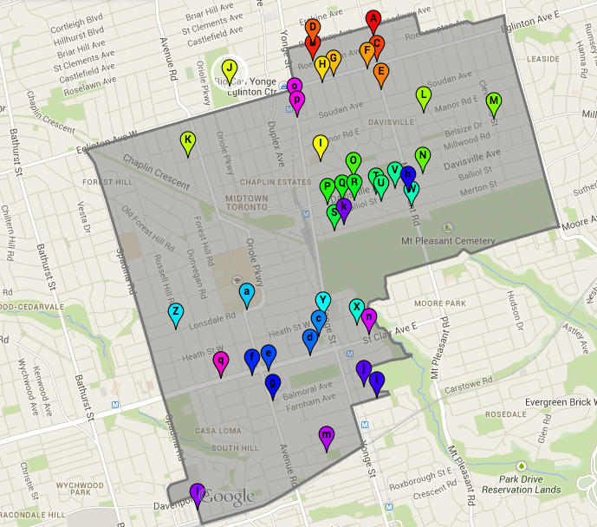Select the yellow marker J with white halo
pos(230,68)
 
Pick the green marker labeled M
pos(494,101)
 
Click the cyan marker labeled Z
pos(175,312)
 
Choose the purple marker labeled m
pos(327,435)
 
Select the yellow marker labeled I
pos(320,143)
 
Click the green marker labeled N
pos(423,157)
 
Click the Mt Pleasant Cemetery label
pos(448,240)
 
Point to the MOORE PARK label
pos(440,304)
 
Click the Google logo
pos(229,497)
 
